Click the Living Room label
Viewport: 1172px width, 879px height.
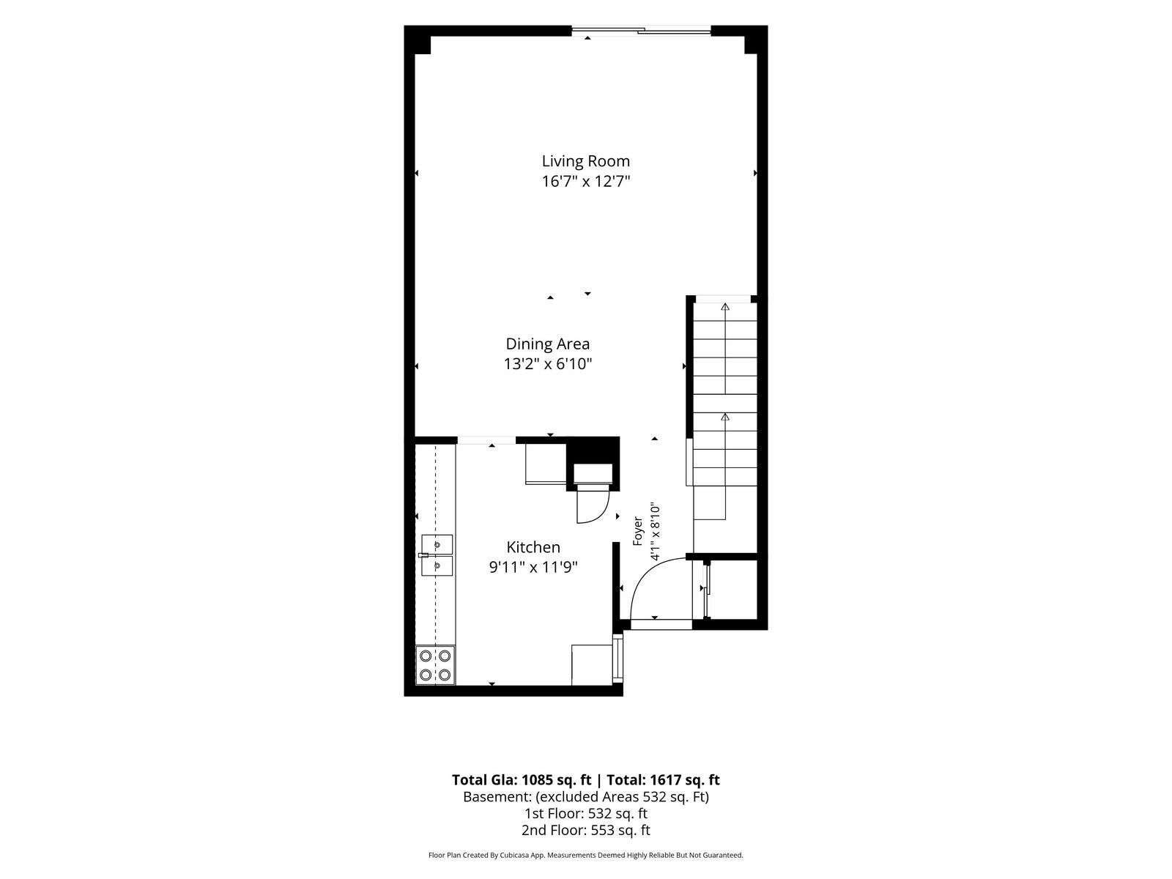click(x=586, y=160)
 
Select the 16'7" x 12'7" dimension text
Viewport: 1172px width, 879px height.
click(x=586, y=182)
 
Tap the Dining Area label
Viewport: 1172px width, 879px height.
click(x=547, y=344)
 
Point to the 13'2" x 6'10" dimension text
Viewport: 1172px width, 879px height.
click(x=548, y=364)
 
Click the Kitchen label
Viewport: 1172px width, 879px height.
click(x=533, y=547)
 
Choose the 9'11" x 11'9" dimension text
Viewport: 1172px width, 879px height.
click(x=533, y=567)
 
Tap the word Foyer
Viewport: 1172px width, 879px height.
click(x=637, y=530)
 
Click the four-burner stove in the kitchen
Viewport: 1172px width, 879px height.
click(x=435, y=666)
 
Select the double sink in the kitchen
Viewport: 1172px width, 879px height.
click(x=437, y=555)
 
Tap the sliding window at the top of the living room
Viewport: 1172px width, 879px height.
click(x=641, y=31)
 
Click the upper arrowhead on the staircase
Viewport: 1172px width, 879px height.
click(x=724, y=307)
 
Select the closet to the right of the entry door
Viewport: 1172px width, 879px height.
click(x=730, y=589)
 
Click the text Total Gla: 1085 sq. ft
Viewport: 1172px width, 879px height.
click(x=521, y=779)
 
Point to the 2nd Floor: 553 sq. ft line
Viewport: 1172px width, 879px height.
click(x=586, y=830)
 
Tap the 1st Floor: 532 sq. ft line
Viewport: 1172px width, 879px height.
click(x=586, y=813)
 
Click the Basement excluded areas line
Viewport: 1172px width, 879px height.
click(x=586, y=797)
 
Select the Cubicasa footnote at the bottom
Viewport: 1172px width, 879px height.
click(x=586, y=855)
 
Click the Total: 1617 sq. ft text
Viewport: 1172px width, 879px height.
click(x=663, y=779)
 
